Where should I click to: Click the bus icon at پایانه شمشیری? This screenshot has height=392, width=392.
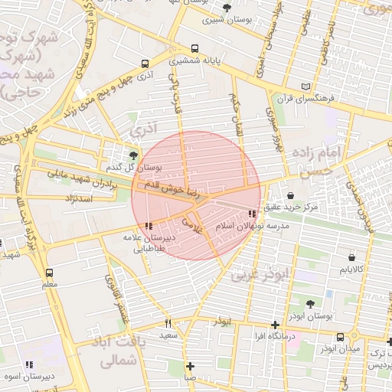point(195,47)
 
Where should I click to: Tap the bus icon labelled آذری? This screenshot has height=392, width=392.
point(145,64)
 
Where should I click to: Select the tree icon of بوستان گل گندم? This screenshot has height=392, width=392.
point(134,155)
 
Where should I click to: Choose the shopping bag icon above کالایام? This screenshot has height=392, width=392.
point(351,257)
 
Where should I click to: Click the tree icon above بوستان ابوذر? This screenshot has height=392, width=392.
point(310,304)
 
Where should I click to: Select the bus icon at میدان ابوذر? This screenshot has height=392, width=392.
point(340,336)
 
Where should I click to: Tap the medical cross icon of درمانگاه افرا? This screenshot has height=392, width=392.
point(275,325)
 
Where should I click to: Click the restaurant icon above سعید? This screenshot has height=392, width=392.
point(168,323)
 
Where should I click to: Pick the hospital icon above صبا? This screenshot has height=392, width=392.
point(190,366)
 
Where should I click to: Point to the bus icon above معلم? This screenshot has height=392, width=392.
point(50,273)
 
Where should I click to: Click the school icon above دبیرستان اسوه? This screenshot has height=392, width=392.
point(29,364)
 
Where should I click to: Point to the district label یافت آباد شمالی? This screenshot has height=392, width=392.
point(119,351)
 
